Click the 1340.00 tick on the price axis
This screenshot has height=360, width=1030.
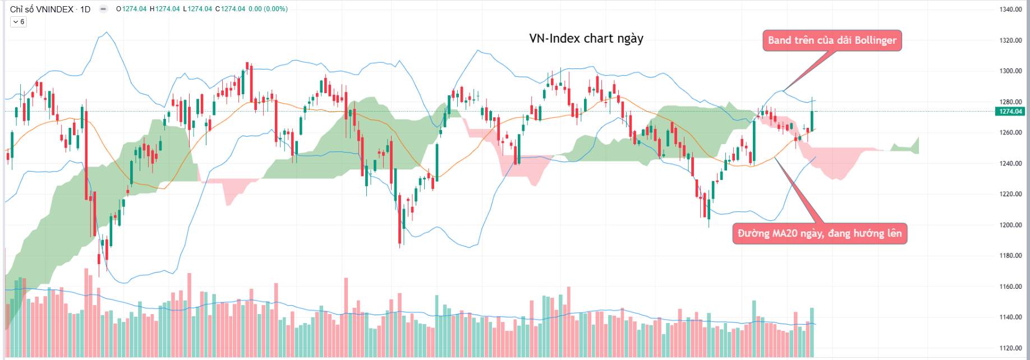click(x=1010, y=10)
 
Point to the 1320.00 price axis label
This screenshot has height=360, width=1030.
click(x=1010, y=40)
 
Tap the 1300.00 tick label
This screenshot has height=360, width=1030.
click(x=1010, y=71)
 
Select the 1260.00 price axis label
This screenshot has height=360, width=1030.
click(x=1010, y=133)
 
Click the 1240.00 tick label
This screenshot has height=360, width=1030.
click(x=1010, y=164)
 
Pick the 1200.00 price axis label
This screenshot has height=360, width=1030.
click(x=1010, y=225)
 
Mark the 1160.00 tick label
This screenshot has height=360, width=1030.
click(x=1010, y=287)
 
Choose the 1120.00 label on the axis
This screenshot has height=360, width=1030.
click(x=1010, y=348)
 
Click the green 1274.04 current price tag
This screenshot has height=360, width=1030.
click(x=1010, y=112)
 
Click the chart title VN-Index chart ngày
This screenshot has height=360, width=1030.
click(x=586, y=39)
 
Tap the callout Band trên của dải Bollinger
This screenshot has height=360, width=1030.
click(x=832, y=40)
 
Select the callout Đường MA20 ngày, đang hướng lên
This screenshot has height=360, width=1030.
click(x=820, y=233)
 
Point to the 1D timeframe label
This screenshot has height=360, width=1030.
click(x=85, y=9)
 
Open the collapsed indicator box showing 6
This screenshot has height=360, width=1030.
click(x=19, y=22)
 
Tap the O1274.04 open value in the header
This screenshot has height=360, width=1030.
click(x=131, y=9)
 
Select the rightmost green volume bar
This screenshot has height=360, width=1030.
click(x=812, y=333)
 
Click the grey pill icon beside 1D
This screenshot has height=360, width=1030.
click(x=103, y=9)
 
